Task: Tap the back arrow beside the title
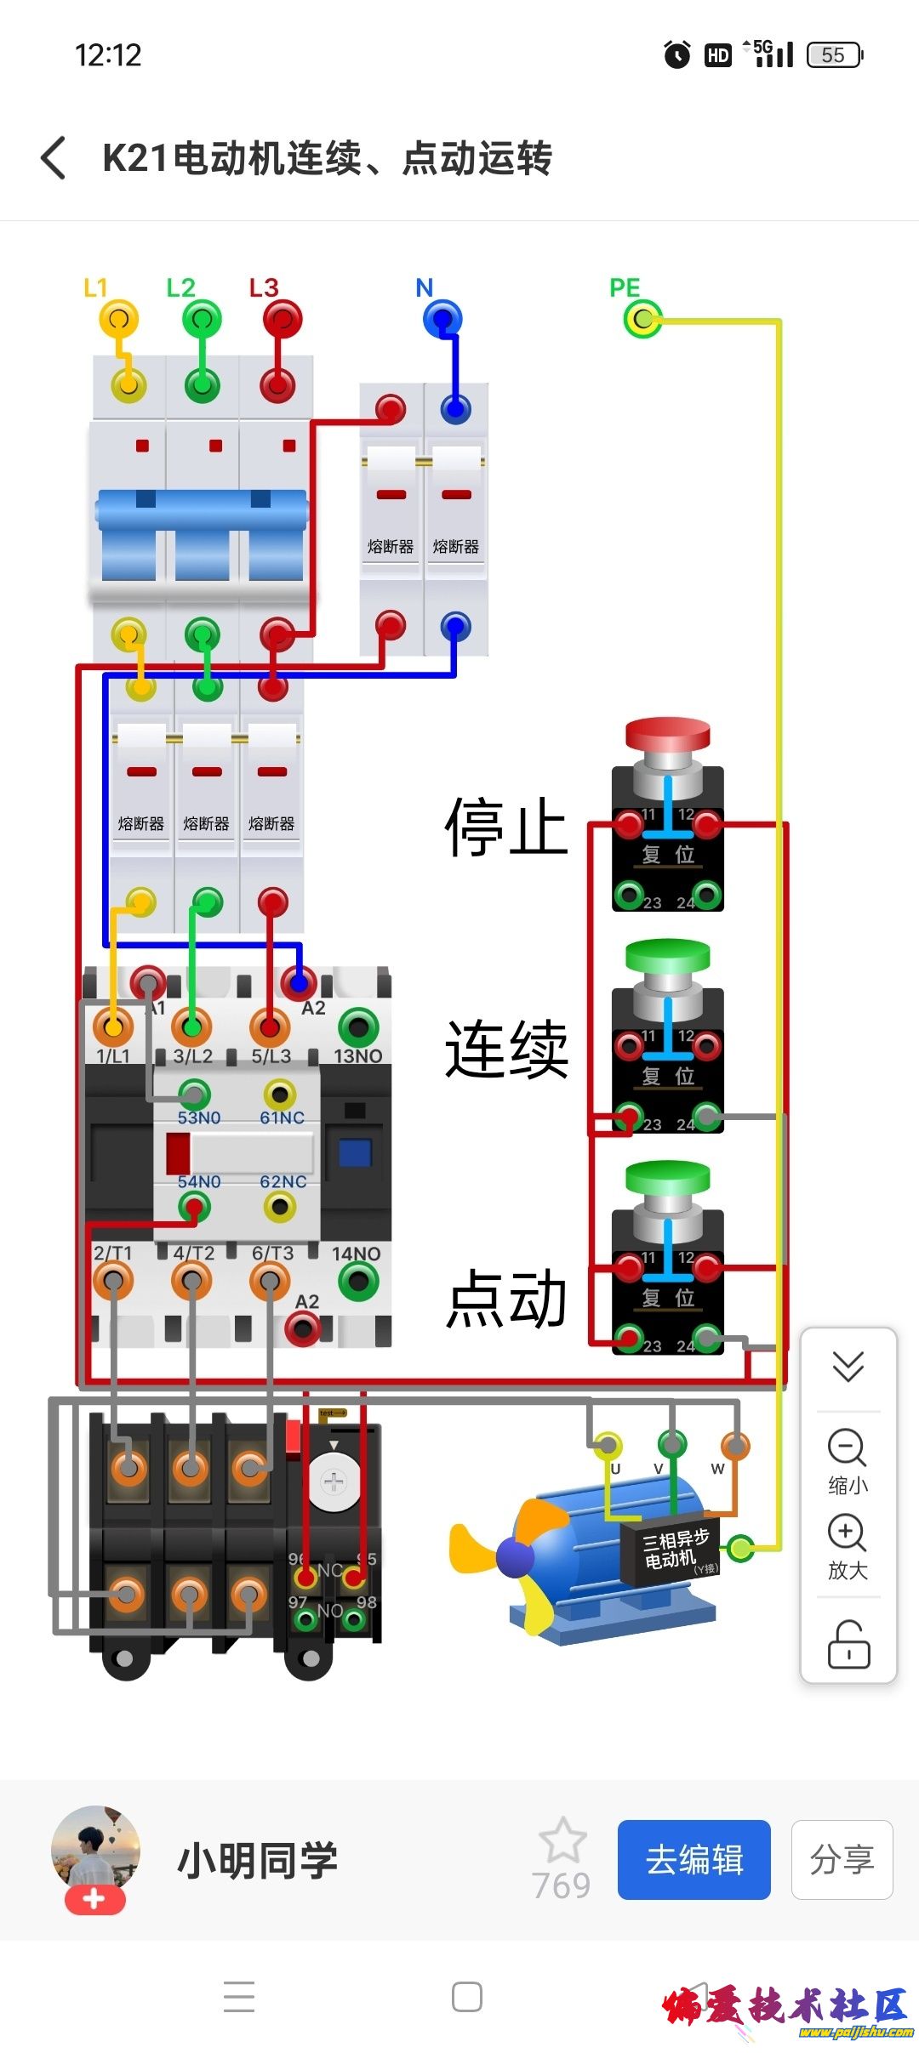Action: [x=53, y=158]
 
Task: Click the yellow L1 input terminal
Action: [x=119, y=320]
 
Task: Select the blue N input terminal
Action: [x=442, y=320]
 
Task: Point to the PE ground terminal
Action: [x=642, y=320]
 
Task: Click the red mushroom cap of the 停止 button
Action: [x=668, y=733]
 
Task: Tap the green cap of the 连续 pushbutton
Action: [x=668, y=955]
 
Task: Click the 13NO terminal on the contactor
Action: [x=358, y=1027]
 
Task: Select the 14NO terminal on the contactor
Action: [x=358, y=1281]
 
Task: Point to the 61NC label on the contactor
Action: [x=283, y=1117]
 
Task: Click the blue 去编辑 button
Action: [x=694, y=1860]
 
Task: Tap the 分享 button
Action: [x=842, y=1860]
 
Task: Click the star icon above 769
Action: [x=562, y=1840]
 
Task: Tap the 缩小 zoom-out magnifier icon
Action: [x=847, y=1447]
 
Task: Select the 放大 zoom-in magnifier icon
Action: [x=847, y=1533]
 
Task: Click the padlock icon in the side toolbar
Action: [x=848, y=1643]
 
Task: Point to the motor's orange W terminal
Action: [x=735, y=1445]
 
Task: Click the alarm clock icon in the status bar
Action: [x=677, y=55]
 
